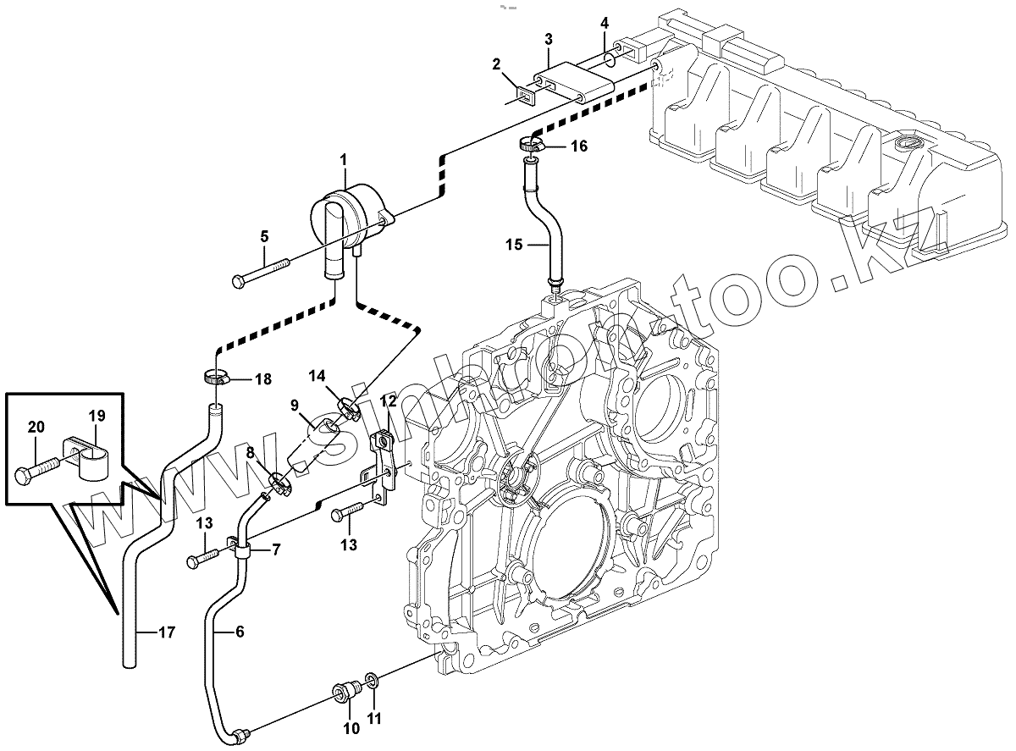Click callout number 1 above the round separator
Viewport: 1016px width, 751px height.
coord(345,158)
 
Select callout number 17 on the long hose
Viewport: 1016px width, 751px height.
coord(166,632)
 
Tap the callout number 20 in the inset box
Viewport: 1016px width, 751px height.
coord(36,428)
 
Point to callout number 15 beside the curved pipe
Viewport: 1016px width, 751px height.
coord(513,246)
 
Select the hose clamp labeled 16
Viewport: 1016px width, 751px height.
coord(532,145)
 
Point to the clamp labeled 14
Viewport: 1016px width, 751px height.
coord(347,409)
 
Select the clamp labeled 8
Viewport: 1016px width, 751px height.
coord(279,483)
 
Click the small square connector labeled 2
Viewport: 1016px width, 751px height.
coord(525,94)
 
